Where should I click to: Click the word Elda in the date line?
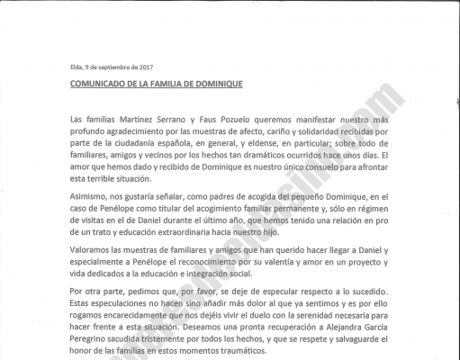tap(76, 67)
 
